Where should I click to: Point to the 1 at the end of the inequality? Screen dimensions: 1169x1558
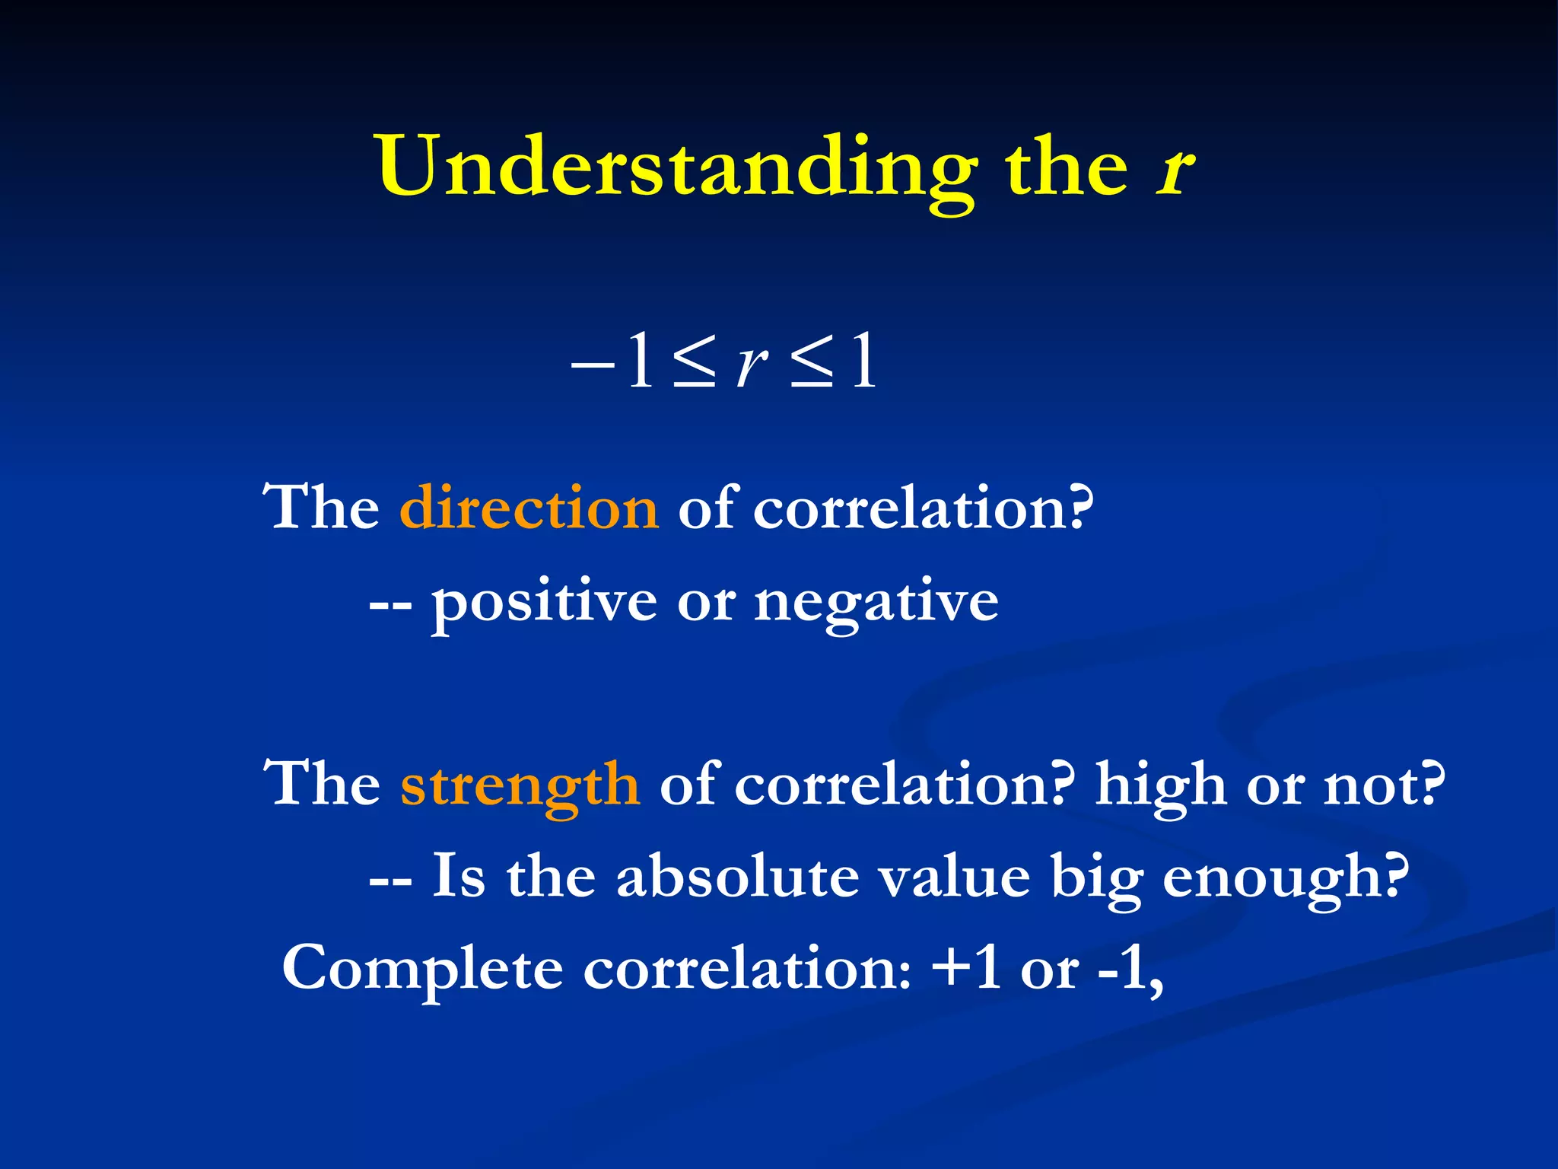click(x=863, y=364)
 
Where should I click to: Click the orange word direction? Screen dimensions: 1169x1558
click(x=529, y=508)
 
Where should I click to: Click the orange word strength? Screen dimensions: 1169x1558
click(x=520, y=785)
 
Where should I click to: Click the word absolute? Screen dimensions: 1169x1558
click(x=738, y=878)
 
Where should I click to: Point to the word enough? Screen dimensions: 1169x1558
click(x=1286, y=878)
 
